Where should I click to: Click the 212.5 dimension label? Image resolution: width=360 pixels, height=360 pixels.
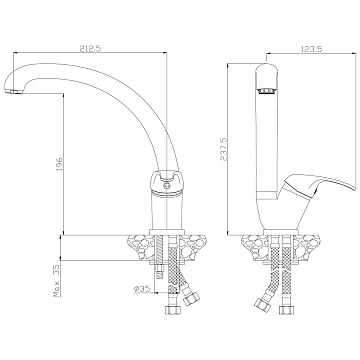90,49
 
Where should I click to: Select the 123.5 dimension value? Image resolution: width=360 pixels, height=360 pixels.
312,49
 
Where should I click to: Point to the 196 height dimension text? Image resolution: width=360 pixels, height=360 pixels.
59,163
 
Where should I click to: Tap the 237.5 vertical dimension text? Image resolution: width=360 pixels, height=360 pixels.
223,150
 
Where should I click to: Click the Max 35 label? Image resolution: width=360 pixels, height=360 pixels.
57,281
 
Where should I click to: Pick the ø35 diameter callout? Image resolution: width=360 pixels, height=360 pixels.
142,289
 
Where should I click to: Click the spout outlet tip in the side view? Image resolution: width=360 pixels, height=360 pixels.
14,91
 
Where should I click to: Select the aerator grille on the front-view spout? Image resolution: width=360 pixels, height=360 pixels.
267,90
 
